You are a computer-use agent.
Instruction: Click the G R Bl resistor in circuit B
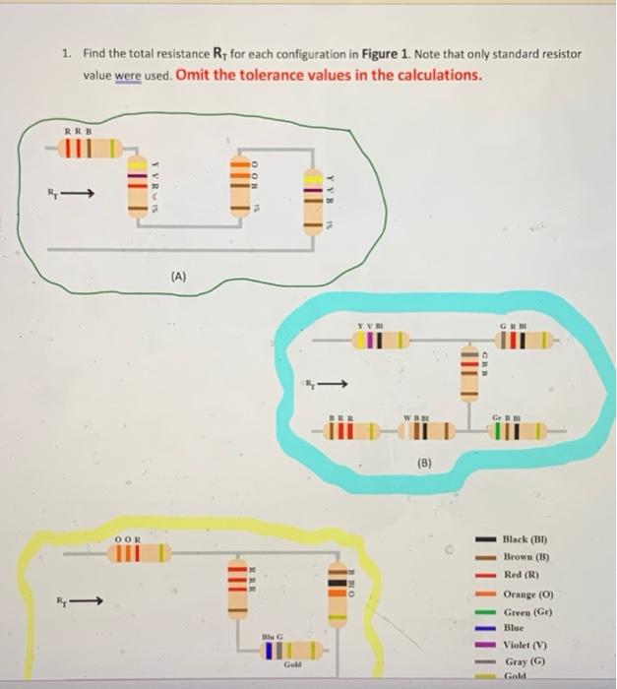point(522,341)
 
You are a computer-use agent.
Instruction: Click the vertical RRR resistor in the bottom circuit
point(237,591)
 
